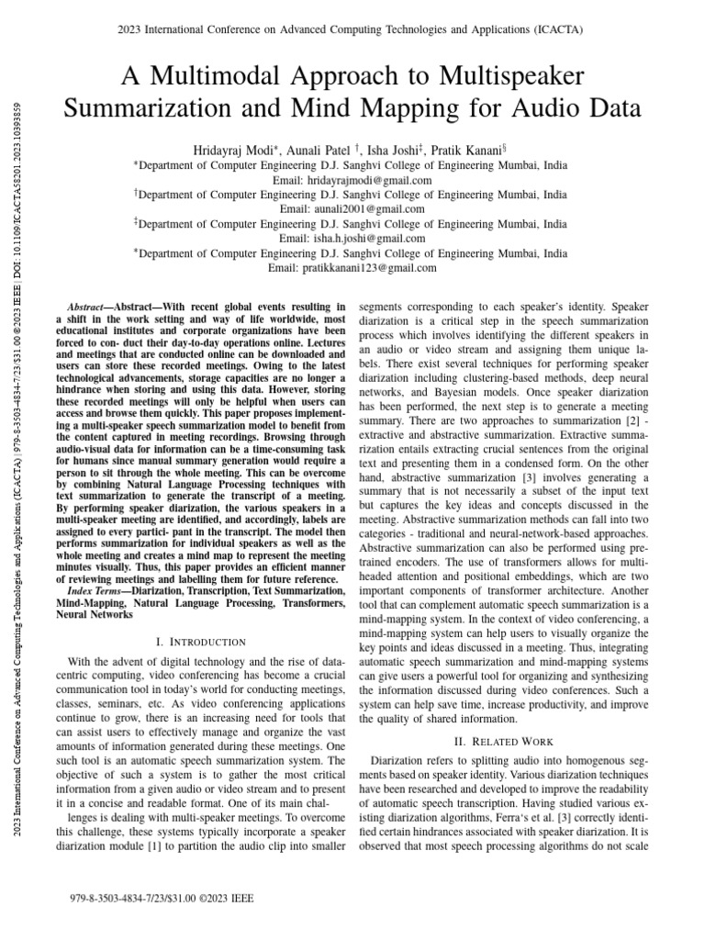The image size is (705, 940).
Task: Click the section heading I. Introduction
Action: (x=201, y=641)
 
